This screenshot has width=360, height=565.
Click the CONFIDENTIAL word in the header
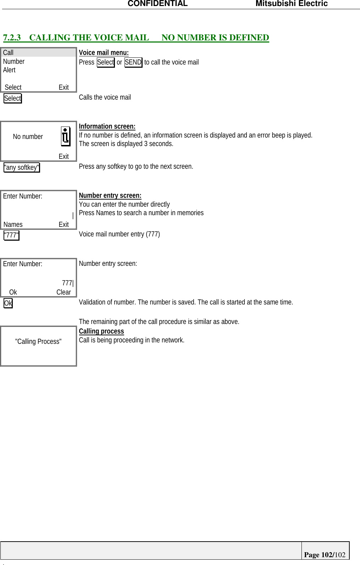pos(157,4)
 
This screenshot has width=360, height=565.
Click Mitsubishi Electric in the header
pos(292,4)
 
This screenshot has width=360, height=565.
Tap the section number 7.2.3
pos(12,38)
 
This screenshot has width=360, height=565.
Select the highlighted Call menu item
pos(9,53)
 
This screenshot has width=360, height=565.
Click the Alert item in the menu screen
pos(10,70)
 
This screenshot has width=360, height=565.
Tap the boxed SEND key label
pos(133,62)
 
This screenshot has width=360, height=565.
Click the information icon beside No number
pos(66,136)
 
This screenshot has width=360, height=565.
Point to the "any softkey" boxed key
pos(22,167)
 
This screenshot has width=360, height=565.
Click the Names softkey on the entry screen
pos(13,224)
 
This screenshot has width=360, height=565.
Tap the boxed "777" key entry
pos(11,235)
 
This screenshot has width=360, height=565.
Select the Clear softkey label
pos(63,292)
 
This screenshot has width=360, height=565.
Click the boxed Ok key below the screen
pos(8,303)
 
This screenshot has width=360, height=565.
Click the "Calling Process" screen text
pos(38,341)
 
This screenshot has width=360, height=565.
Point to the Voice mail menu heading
pos(104,53)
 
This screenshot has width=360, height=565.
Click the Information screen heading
pos(107,127)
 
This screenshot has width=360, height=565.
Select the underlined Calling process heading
pos(101,331)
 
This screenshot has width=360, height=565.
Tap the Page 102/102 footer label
pos(325,555)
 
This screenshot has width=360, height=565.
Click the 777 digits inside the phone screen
pos(67,283)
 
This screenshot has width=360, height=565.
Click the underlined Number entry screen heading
pos(110,196)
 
